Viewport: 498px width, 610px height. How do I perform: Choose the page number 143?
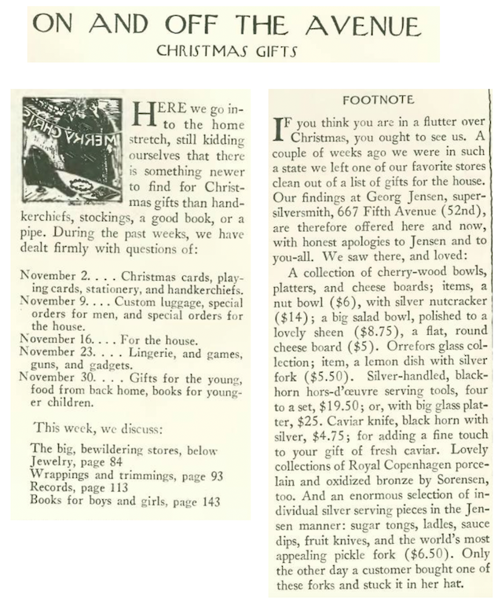pos(209,501)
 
